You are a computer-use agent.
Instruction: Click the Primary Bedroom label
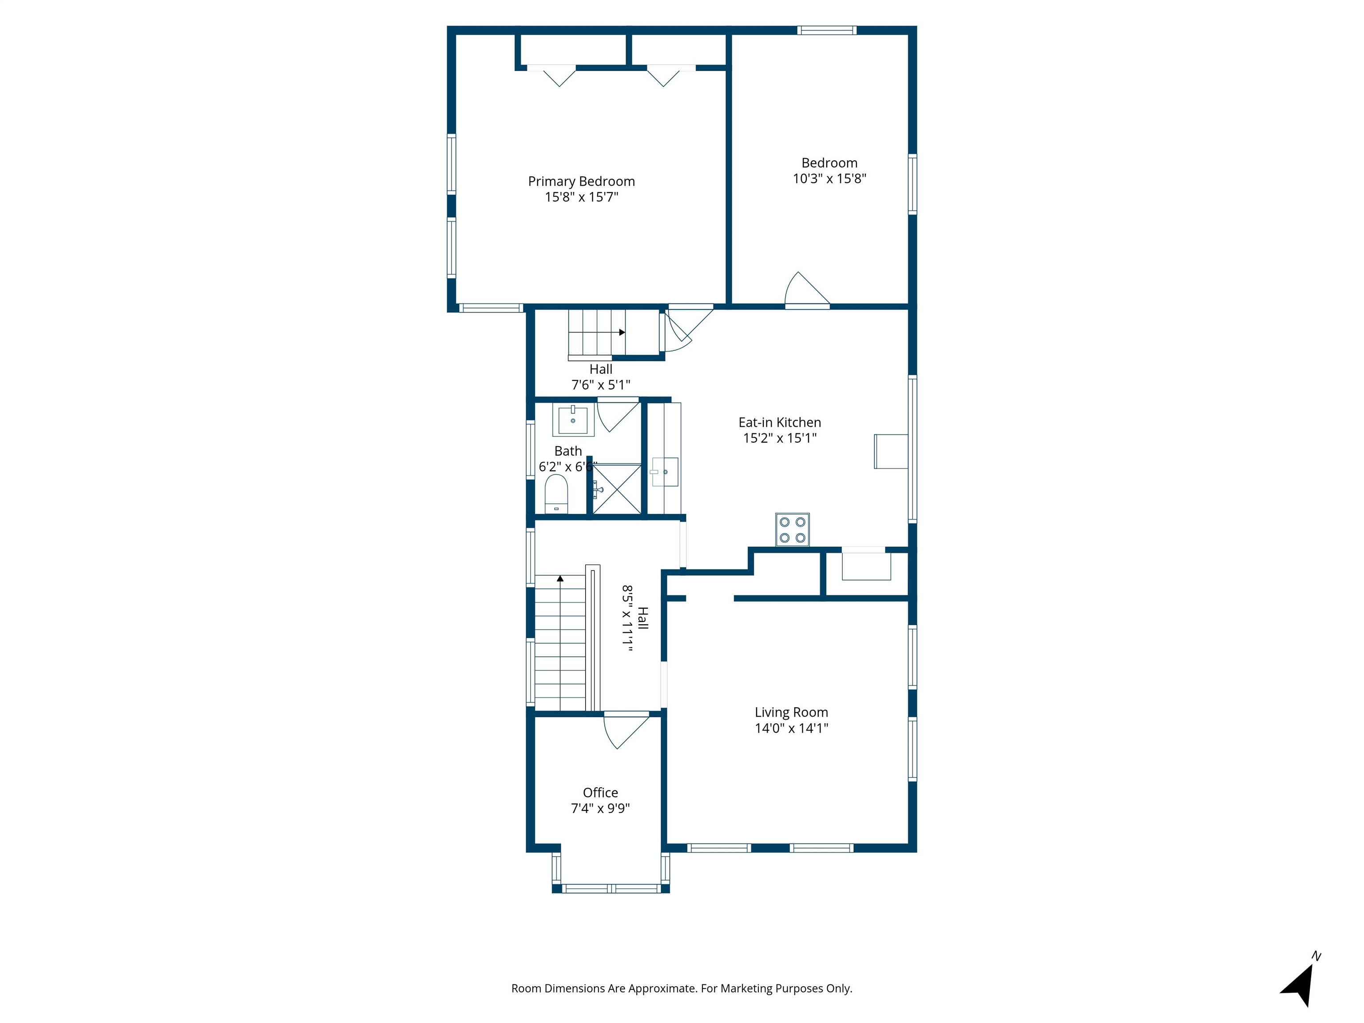pos(581,181)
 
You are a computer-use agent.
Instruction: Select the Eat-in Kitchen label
pos(779,422)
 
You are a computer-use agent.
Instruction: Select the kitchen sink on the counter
pos(665,472)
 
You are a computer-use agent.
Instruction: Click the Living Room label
pos(791,712)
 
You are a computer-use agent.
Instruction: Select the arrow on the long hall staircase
pos(560,579)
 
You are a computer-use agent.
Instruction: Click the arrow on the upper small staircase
pos(622,333)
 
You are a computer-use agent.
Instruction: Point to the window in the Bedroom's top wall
pos(826,30)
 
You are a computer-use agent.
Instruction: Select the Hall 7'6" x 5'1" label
pos(601,377)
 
